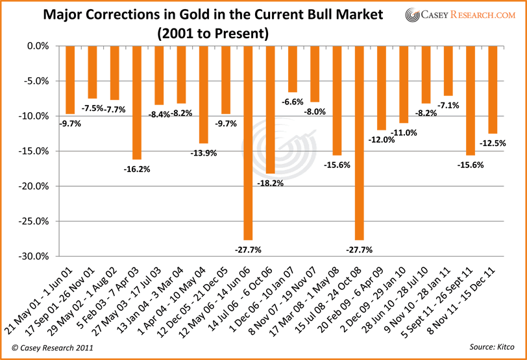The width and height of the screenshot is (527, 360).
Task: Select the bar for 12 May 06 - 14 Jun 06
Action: [x=248, y=143]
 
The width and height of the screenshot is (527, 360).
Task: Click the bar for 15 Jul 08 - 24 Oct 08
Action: [x=359, y=143]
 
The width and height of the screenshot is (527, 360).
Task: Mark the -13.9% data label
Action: [x=203, y=154]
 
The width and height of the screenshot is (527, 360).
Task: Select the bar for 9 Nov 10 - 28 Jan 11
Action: [x=448, y=71]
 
